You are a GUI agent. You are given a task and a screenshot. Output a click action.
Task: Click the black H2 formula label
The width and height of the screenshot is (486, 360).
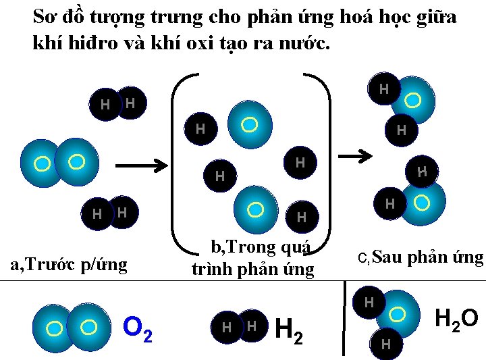[x=290, y=330]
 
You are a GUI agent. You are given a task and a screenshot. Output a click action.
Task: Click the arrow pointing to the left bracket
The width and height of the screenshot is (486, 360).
[x=142, y=165]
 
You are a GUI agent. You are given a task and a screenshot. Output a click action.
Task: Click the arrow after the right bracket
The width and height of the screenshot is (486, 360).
[x=355, y=156]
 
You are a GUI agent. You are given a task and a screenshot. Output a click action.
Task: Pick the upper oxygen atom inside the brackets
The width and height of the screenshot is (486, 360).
[x=250, y=124]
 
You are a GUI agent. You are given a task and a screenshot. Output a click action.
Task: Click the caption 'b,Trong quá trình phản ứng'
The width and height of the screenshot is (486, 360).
[x=252, y=259]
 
